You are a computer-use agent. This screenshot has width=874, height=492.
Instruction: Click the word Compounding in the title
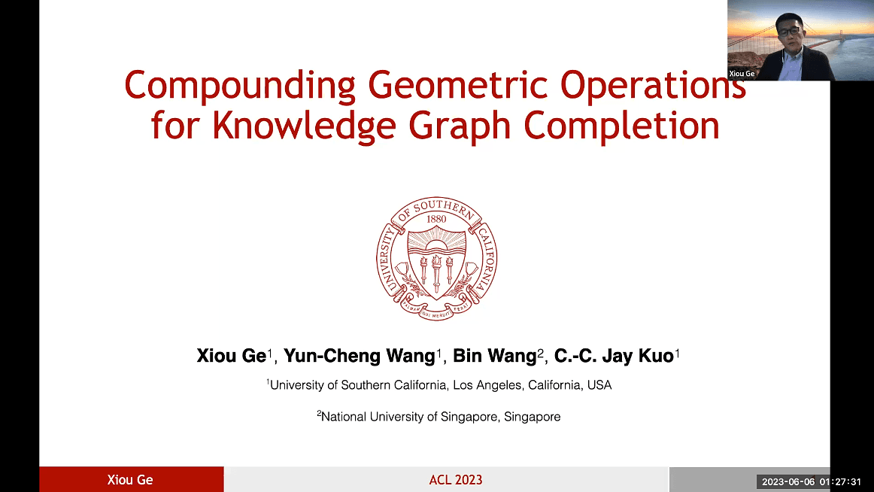click(240, 87)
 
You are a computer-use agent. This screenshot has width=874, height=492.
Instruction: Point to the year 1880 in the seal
click(436, 219)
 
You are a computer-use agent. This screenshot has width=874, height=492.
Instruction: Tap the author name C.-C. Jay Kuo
click(613, 356)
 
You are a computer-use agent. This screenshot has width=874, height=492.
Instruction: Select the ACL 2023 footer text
click(455, 480)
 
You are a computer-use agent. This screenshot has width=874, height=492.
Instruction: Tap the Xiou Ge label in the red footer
click(131, 480)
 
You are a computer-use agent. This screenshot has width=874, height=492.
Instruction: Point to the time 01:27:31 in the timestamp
click(843, 481)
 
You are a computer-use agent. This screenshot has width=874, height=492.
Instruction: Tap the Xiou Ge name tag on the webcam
click(742, 74)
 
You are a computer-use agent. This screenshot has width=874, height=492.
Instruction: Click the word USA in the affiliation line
click(599, 385)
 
